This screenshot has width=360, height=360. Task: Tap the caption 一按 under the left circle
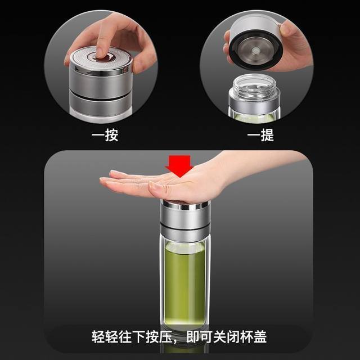(x=105, y=136)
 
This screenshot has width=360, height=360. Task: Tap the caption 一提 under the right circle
(x=260, y=136)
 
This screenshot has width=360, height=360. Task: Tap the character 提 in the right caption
(x=267, y=136)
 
